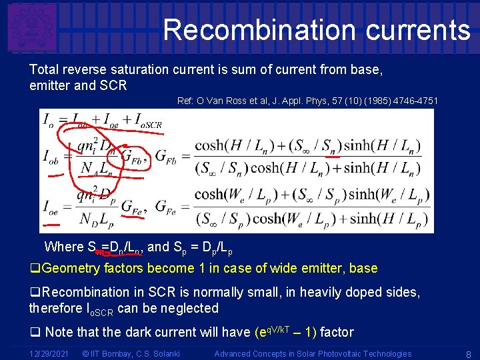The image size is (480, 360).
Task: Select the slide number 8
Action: click(x=469, y=354)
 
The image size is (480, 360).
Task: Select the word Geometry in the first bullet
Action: click(x=75, y=269)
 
